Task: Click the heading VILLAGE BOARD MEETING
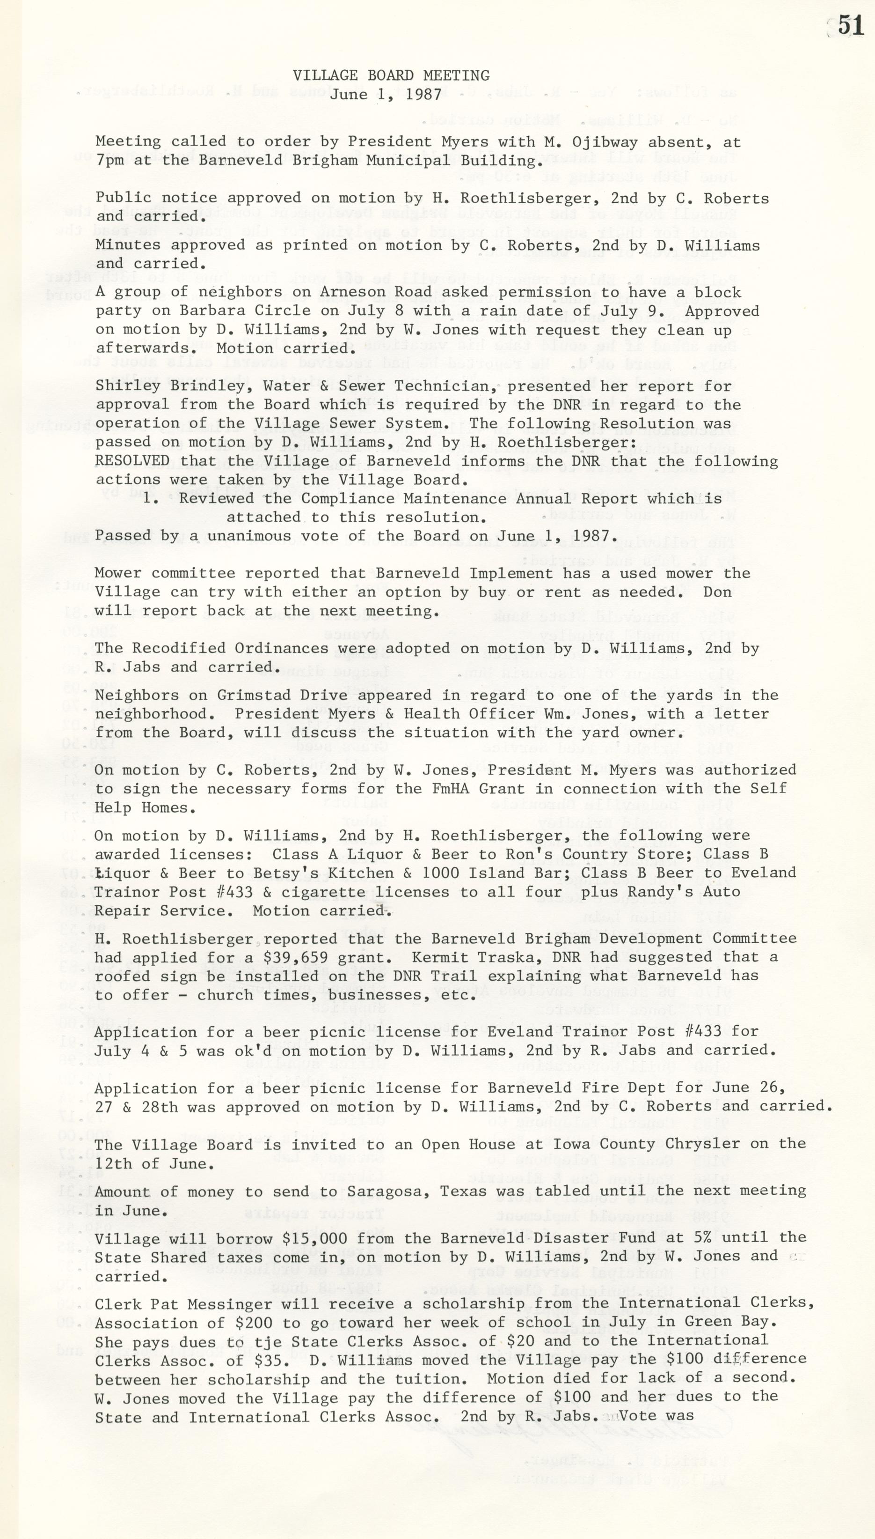point(391,76)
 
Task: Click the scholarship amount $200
point(262,1322)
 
